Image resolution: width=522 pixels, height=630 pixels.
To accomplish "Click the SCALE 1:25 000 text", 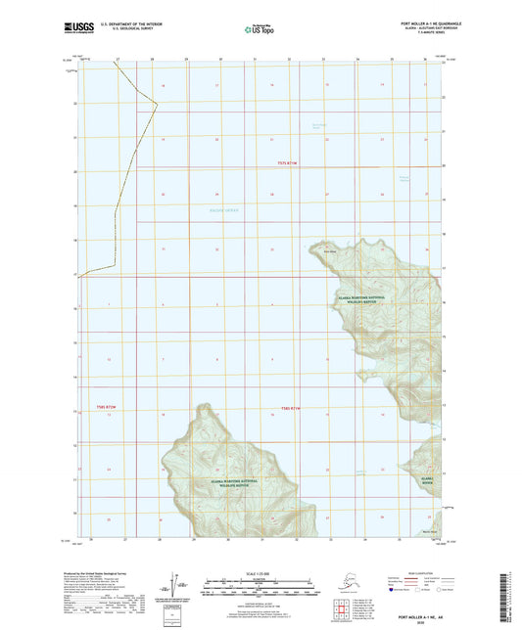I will pyautogui.click(x=260, y=574).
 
